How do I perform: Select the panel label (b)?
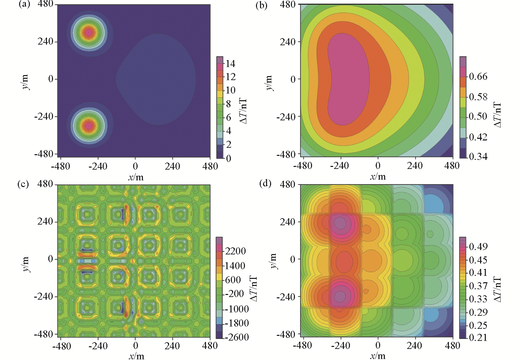261,5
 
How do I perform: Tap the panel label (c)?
23,184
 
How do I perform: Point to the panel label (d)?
265,184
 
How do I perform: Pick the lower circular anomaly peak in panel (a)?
89,126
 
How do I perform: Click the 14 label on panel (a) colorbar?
230,64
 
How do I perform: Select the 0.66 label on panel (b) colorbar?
478,77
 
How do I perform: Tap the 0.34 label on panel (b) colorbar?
478,157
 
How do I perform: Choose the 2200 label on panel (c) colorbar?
235,251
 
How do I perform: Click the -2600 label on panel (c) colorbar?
237,337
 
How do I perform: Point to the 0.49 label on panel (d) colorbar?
478,247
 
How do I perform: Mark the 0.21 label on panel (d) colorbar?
478,338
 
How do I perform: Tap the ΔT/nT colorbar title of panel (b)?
498,115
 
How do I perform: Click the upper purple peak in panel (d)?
340,223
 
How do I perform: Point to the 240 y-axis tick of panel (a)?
46,42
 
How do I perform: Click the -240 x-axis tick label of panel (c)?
98,346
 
